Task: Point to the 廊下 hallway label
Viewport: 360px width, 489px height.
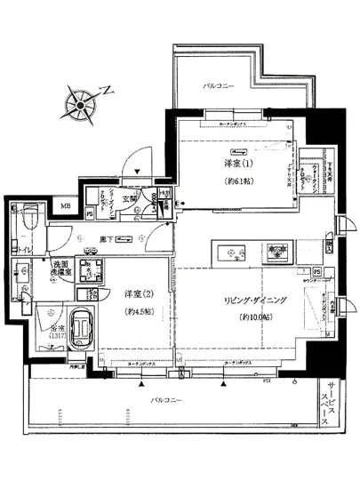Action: (107, 237)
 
